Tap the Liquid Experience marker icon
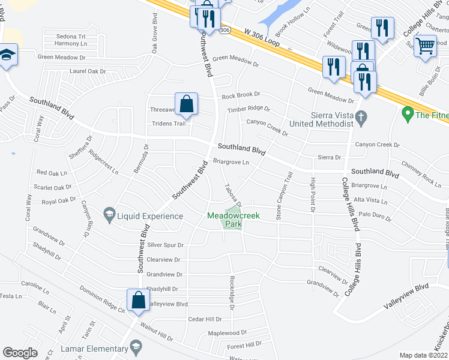pos(109,214)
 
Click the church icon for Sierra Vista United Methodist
pos(361,119)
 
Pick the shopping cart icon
pos(425,46)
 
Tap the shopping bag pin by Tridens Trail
pos(187,104)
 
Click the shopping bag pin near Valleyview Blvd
pos(138,301)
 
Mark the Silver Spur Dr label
pos(164,245)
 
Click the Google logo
pos(20,353)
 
